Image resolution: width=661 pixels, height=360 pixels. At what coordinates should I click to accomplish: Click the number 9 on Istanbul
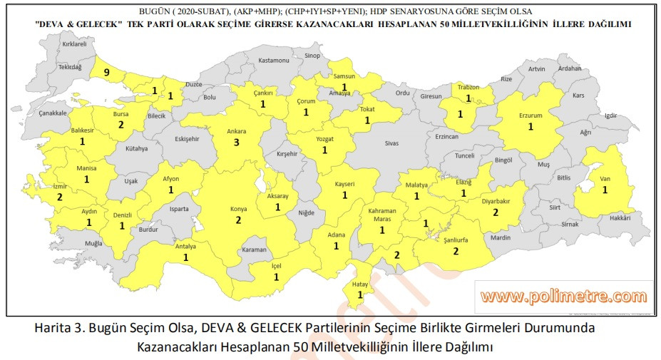click(x=106, y=72)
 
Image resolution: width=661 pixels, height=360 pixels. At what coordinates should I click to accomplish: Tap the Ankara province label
click(x=236, y=130)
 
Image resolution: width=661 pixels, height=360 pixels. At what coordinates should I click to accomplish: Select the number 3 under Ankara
click(x=236, y=143)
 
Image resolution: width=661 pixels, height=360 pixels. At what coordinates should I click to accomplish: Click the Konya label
click(x=238, y=209)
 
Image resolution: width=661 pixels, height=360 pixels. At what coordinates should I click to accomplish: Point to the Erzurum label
click(x=531, y=115)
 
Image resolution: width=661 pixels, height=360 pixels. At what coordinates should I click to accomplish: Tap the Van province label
click(x=605, y=178)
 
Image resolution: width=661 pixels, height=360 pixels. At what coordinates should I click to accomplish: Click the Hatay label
click(x=360, y=284)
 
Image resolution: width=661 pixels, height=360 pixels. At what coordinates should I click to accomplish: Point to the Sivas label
click(x=391, y=143)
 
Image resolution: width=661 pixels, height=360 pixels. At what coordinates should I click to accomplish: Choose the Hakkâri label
click(x=620, y=219)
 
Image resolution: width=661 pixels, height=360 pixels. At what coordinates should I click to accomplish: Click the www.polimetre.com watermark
click(x=563, y=296)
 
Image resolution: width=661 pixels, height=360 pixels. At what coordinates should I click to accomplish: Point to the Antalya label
click(x=185, y=247)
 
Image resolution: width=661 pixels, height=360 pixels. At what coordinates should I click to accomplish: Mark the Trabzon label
click(x=468, y=87)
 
